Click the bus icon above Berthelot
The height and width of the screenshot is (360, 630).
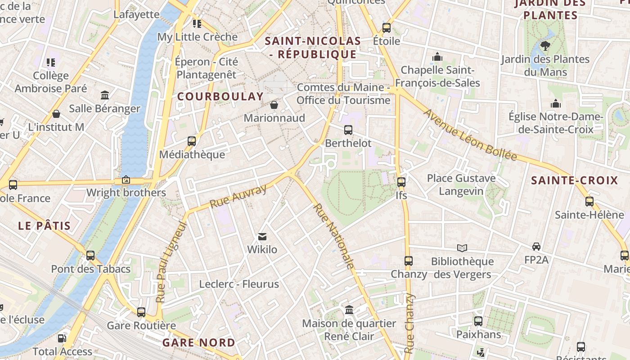[348, 130]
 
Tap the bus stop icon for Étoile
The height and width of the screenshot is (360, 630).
[387, 28]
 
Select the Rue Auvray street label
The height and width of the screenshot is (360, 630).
[238, 196]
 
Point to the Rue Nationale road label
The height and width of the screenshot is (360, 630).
[333, 236]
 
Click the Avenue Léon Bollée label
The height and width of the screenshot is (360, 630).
[470, 135]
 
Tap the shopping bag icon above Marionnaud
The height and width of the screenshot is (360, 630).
[274, 105]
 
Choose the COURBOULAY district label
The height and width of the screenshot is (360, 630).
[220, 96]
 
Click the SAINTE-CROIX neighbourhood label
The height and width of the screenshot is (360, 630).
[575, 180]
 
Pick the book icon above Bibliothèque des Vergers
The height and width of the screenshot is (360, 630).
[462, 248]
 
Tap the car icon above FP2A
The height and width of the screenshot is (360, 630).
[536, 247]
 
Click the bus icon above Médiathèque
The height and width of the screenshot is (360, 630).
[192, 141]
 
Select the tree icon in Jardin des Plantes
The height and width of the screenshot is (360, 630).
[545, 45]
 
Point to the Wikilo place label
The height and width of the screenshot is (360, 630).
[262, 249]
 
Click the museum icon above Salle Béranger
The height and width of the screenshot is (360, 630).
[105, 95]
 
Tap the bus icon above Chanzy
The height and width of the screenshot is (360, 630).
[409, 261]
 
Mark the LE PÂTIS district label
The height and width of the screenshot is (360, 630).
[45, 226]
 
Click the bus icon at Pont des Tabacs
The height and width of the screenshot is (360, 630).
[90, 256]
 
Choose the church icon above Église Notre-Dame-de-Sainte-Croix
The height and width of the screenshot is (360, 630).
[556, 104]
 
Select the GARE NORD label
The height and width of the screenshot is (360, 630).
[198, 342]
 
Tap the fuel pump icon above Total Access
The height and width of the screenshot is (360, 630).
[62, 338]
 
